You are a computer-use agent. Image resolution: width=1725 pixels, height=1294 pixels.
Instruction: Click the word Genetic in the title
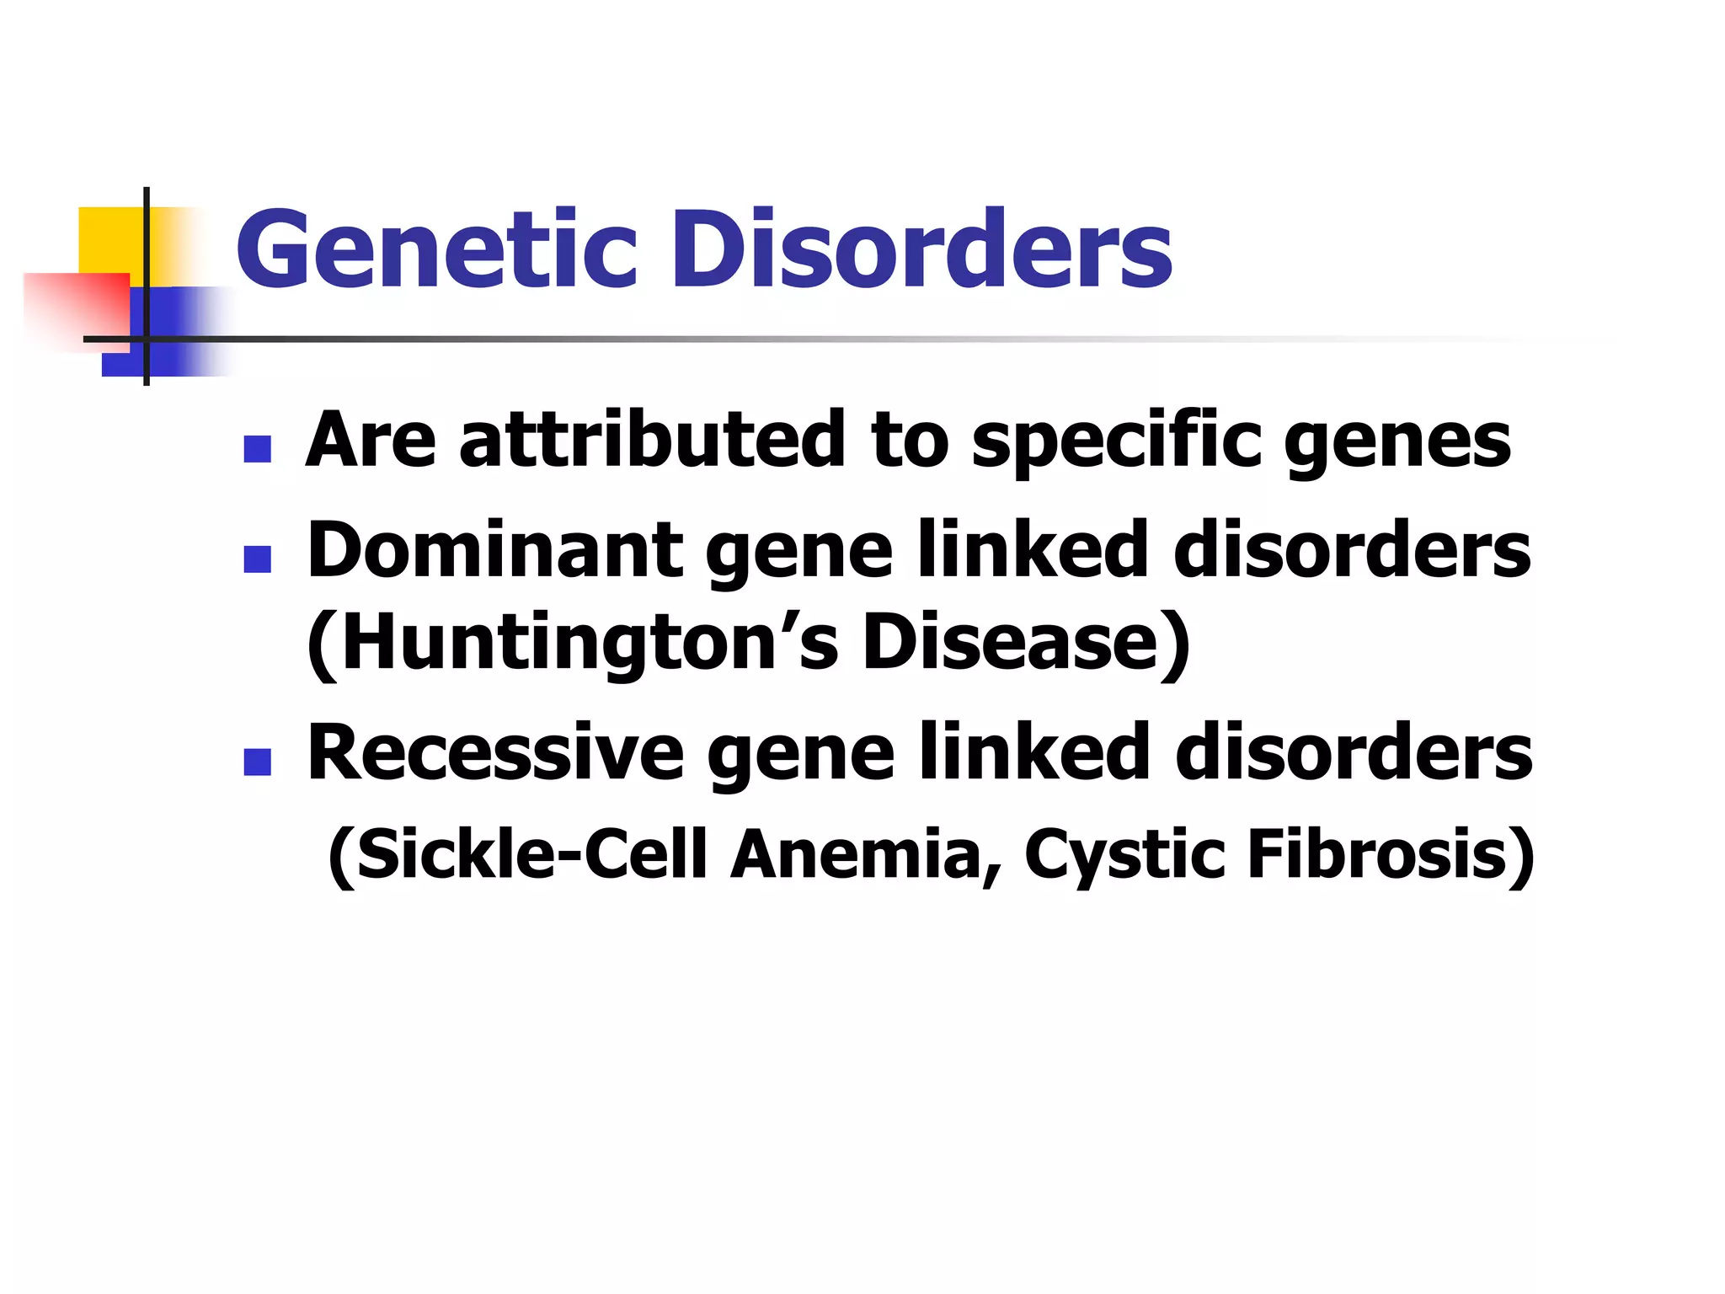pos(436,249)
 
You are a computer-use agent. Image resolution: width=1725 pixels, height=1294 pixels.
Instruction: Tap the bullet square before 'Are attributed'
pos(257,449)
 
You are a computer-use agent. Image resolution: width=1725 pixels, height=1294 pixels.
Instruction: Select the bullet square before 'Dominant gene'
pos(257,559)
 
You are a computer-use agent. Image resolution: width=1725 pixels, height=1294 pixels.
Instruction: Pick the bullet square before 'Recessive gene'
pos(257,762)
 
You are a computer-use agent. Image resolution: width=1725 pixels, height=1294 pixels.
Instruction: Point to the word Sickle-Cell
pos(519,854)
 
